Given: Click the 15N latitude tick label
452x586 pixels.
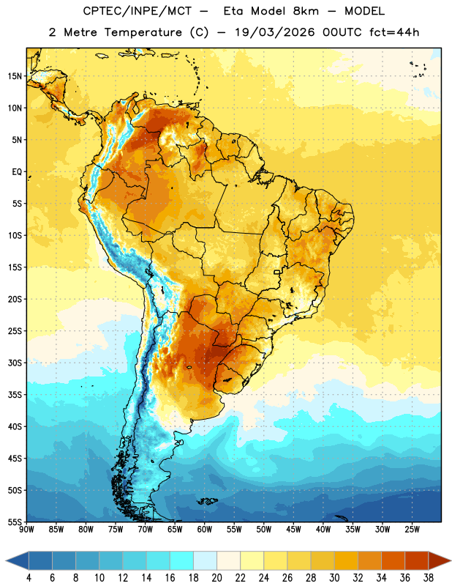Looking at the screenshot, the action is click(x=15, y=76).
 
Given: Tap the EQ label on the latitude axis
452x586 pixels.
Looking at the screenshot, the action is click(x=17, y=172).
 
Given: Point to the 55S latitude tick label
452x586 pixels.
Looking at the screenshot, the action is click(x=15, y=522).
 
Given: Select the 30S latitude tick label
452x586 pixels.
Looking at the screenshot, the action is click(x=15, y=363).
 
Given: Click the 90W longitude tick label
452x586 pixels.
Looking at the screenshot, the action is click(x=26, y=530).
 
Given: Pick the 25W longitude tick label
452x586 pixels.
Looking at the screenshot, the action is click(x=412, y=530).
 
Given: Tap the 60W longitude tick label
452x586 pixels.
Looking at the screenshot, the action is click(x=205, y=530).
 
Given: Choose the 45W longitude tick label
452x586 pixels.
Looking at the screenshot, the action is click(x=293, y=530).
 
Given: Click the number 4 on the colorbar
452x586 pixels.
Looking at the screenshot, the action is click(x=29, y=578).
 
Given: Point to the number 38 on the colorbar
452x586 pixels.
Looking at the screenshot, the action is click(x=429, y=578).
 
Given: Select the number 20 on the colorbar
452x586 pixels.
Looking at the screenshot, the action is click(x=216, y=578).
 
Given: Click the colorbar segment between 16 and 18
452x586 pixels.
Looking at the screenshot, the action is click(x=182, y=561).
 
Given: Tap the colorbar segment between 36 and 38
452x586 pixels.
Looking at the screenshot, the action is click(x=417, y=561).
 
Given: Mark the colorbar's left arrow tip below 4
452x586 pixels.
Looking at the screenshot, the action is click(x=6, y=561).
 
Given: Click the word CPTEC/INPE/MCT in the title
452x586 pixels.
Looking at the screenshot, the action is click(x=137, y=11).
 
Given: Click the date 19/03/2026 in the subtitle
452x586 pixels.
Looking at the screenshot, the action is click(x=275, y=32).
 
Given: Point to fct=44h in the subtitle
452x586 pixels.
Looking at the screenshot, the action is click(x=394, y=32).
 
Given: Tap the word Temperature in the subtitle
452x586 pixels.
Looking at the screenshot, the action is click(x=143, y=32).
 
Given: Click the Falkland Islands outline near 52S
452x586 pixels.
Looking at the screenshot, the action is click(x=207, y=501).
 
